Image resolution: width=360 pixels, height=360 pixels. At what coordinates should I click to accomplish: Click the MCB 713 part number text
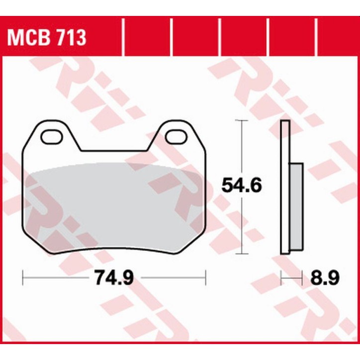tap(46, 37)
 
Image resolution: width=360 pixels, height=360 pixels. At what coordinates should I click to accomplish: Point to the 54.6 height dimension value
tap(242, 185)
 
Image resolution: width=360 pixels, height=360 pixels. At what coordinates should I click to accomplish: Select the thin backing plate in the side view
tap(285, 194)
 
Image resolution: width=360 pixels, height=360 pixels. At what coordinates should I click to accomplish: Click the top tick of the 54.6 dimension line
tap(241, 120)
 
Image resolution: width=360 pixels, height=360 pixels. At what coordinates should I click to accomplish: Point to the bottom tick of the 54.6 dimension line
tap(241, 252)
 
